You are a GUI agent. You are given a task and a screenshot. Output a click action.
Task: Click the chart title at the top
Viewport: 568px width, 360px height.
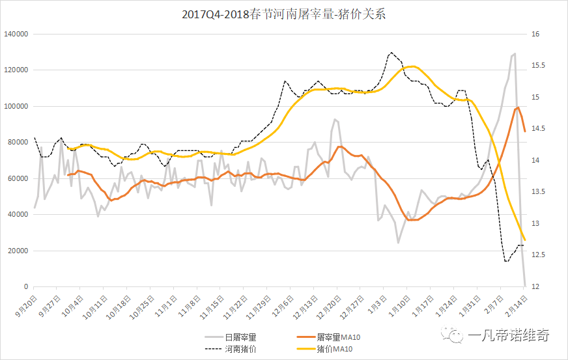[284, 14]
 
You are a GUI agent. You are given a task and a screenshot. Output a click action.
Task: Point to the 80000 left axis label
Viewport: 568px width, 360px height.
[18, 142]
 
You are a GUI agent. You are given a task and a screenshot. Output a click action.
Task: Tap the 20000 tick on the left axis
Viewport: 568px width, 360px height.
[18, 251]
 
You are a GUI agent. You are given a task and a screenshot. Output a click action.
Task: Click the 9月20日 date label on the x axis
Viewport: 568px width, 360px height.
[25, 305]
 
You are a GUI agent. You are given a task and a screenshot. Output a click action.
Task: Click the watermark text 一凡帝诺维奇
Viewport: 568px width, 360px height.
[509, 336]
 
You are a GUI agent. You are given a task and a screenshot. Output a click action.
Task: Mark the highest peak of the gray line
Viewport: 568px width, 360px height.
[515, 53]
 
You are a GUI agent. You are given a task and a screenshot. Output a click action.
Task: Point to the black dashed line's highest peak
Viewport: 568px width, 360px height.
[391, 53]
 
